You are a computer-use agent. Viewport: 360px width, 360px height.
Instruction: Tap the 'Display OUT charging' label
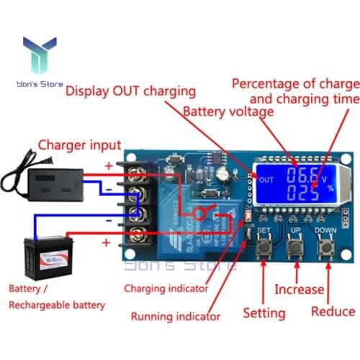[x=130, y=91]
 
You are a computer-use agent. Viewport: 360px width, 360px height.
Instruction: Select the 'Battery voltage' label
[x=228, y=112]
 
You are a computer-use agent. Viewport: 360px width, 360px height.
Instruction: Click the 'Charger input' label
[x=79, y=145]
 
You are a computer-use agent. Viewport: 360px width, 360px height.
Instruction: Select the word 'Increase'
[x=299, y=289]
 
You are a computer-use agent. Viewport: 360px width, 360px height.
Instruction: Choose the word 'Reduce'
[x=333, y=312]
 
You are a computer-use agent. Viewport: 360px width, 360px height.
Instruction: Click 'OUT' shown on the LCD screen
[x=266, y=180]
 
